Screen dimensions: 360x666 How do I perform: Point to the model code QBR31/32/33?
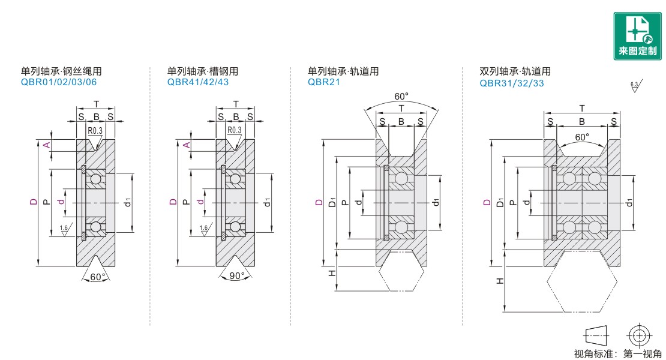512,83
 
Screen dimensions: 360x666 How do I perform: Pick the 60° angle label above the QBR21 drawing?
401,97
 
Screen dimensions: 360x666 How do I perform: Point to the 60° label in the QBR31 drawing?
582,137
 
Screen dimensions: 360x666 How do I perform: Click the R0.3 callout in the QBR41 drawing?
234,130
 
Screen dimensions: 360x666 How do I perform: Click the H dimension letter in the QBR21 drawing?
331,273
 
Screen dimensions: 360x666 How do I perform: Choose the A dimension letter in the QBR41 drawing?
187,146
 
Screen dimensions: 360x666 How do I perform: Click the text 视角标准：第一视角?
618,354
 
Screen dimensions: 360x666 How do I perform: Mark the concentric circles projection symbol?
638,335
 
